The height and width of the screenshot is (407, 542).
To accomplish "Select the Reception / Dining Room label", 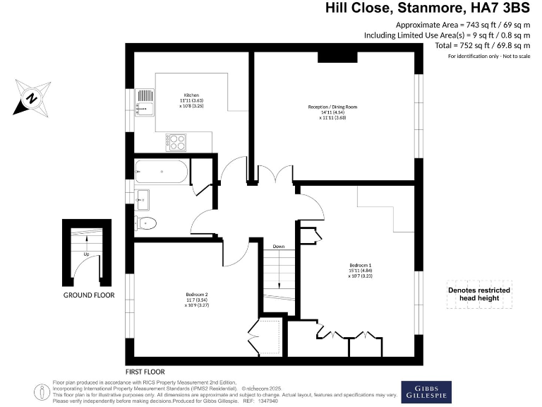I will tap(332, 112).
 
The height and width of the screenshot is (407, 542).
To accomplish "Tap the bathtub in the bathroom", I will tap(162, 172).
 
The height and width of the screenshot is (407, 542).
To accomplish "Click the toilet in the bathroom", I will tap(146, 224).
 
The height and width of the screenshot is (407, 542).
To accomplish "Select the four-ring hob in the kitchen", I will tap(176, 142).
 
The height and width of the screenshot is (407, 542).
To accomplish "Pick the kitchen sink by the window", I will tap(144, 106).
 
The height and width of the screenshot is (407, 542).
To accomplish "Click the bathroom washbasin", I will tap(143, 200).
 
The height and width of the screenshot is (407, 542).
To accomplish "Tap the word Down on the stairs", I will tap(279, 247).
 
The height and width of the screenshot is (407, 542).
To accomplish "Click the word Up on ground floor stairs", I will tap(86, 254).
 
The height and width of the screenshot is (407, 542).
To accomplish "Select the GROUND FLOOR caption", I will tap(88, 295).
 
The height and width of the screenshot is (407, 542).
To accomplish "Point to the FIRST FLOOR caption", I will tap(145, 372).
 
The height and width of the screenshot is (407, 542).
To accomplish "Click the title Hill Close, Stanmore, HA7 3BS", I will tap(427, 8).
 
